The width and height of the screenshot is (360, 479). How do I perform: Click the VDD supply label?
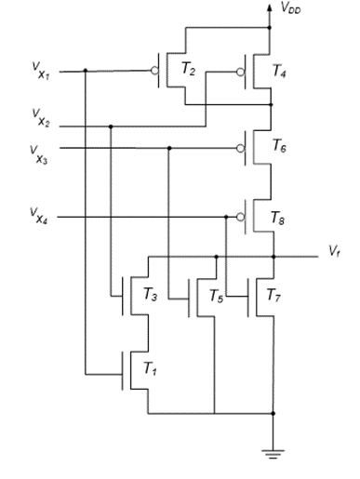[290, 9]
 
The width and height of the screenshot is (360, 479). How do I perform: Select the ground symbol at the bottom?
[273, 455]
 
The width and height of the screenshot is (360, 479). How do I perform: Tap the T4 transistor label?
[280, 71]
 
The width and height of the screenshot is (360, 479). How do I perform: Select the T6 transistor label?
[280, 145]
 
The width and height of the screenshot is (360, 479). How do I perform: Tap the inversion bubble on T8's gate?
[240, 219]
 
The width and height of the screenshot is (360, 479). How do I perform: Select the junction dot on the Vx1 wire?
[85, 70]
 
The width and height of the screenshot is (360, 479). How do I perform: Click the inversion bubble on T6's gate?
[240, 147]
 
